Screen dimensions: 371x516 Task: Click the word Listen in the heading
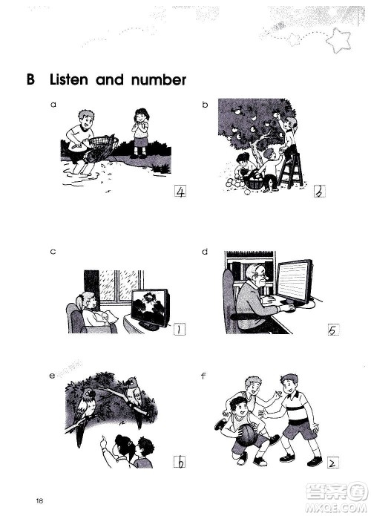pos(69,80)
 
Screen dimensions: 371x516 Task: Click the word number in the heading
pos(159,80)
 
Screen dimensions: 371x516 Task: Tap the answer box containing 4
pos(180,192)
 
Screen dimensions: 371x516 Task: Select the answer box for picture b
pos(320,192)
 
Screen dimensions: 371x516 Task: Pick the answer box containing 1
pos(180,329)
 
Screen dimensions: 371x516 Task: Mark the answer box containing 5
pos(333,330)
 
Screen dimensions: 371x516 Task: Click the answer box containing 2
pos(333,463)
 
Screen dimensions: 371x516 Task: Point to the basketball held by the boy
pos(246,434)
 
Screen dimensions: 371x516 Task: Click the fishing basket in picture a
pos(101,148)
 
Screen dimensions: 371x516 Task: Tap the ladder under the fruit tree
pos(291,171)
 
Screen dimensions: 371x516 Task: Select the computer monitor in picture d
pos(295,281)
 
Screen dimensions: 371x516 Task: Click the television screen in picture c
pos(151,308)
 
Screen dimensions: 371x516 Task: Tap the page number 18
pos(39,501)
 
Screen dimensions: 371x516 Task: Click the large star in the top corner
pos(338,40)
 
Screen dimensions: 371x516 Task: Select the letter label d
pos(205,252)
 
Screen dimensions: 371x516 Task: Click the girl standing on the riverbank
pos(141,133)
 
